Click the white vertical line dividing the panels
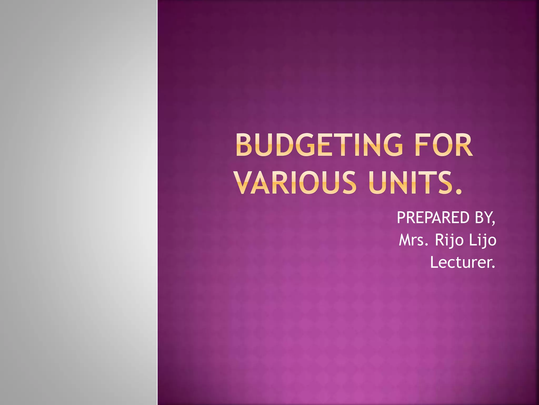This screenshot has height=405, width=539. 157,202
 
